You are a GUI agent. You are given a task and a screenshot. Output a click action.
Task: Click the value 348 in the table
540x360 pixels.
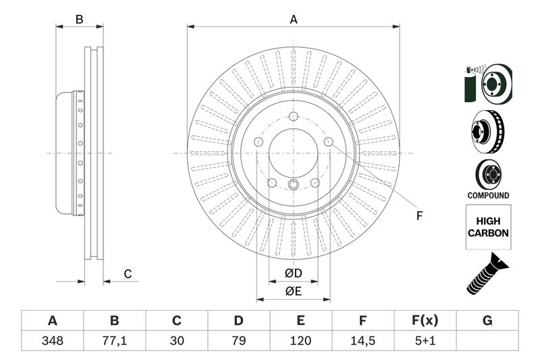coord(52,341)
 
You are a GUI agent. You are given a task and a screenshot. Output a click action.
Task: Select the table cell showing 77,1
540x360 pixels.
coord(114,341)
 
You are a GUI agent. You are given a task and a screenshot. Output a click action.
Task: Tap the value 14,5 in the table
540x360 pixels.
coord(362,341)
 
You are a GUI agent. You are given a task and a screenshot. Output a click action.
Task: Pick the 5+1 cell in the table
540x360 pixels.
coord(425,341)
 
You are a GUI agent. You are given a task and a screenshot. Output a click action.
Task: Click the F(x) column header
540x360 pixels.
coord(425,321)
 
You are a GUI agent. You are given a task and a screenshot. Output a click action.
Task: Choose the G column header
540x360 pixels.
coord(487,321)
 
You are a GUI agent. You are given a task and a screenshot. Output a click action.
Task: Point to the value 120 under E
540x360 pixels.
coord(300,341)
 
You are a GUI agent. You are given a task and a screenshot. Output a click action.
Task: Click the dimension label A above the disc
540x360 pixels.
coord(294,20)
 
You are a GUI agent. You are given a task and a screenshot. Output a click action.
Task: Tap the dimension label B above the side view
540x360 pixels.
coord(79,20)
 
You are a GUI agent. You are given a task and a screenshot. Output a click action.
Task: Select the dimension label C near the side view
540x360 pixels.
coord(127,274)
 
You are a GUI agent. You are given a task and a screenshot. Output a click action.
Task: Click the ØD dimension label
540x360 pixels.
coord(293,274)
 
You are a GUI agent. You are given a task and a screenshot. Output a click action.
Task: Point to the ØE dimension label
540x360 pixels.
coord(293,292)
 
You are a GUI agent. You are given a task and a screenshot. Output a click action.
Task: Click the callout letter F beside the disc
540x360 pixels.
coord(418,216)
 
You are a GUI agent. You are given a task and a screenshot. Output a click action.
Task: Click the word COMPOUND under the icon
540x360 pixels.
coord(488,195)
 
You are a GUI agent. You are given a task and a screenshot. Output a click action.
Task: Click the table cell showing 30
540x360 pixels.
coord(176,341)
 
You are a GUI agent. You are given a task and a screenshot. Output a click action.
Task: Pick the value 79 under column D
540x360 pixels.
coord(238,341)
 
